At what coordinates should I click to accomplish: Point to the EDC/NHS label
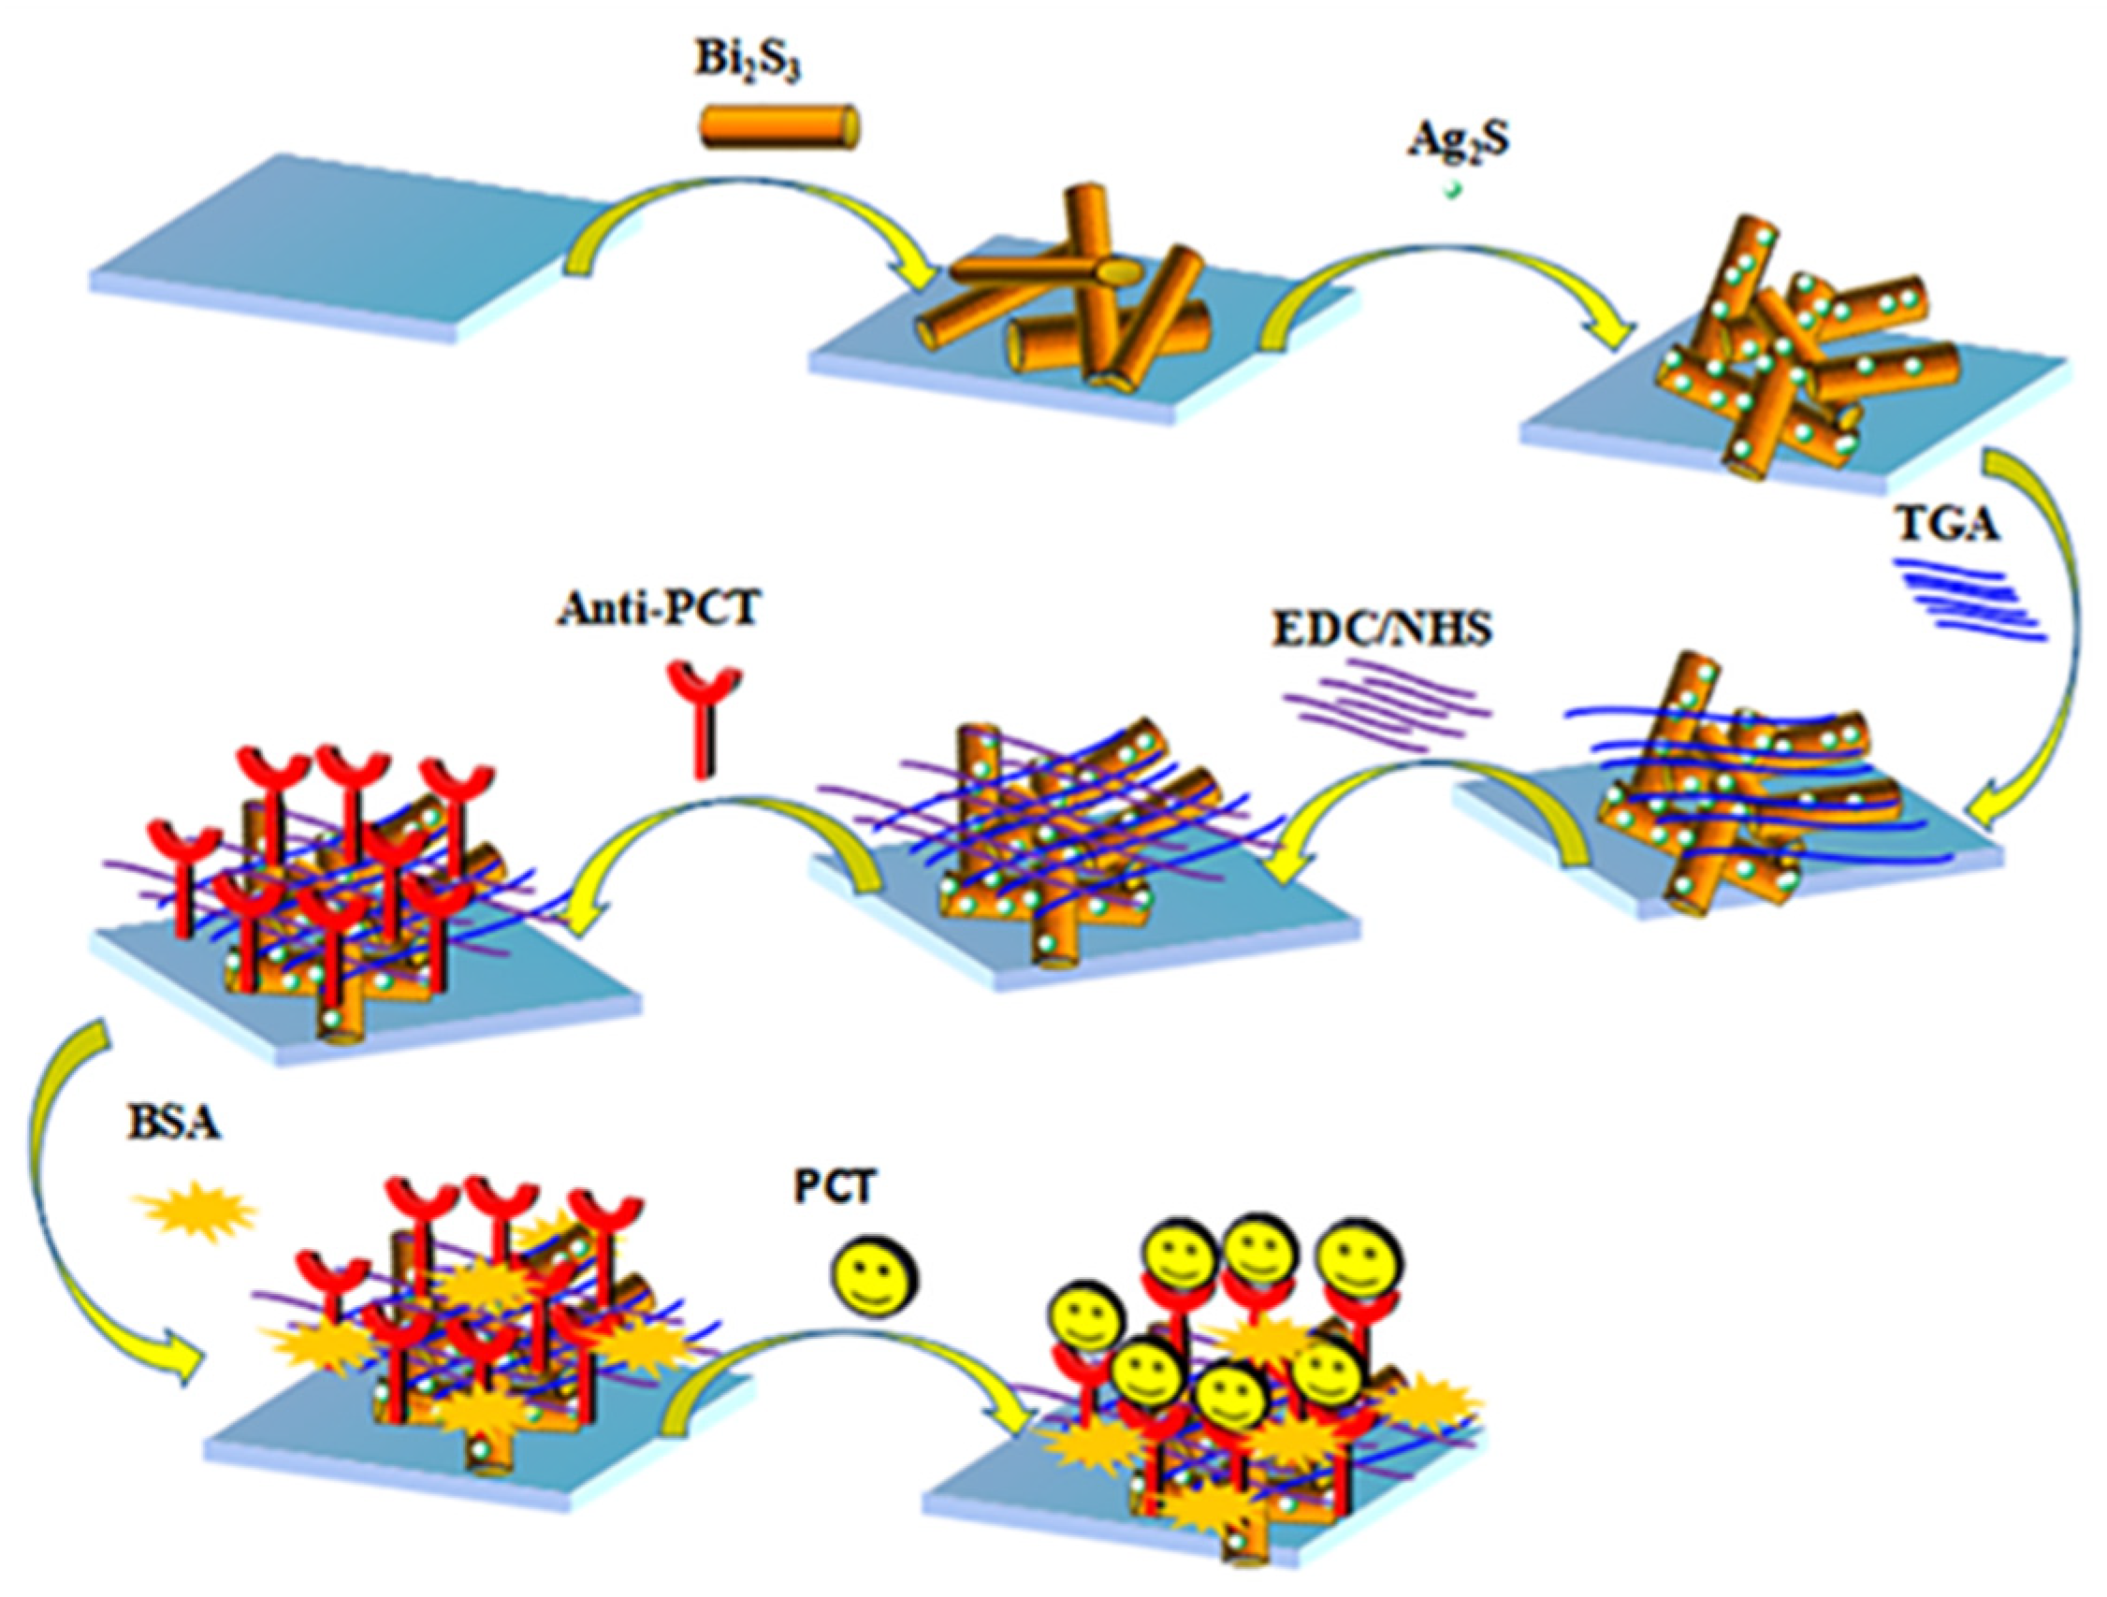(x=1381, y=631)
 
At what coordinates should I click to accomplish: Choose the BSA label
(x=173, y=1124)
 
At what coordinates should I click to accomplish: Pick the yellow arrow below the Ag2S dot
(x=1447, y=276)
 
